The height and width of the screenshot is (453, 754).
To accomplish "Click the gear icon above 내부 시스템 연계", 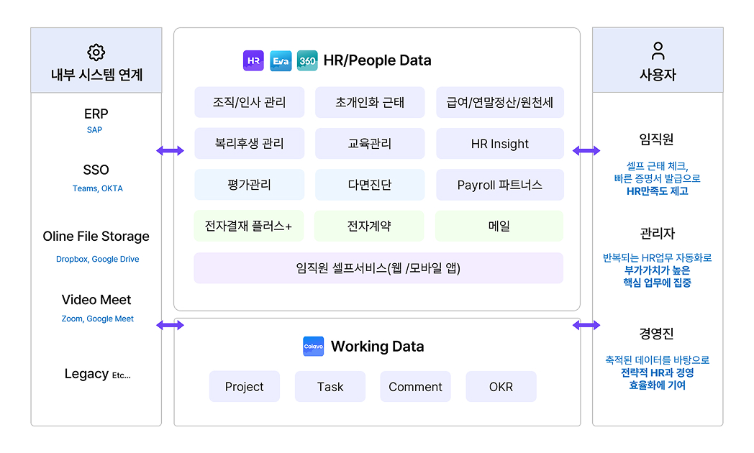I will tap(96, 52).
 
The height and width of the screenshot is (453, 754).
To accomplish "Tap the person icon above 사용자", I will tap(658, 50).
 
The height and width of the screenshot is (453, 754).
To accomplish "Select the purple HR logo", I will tap(253, 60).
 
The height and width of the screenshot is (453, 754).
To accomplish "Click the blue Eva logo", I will tap(281, 60).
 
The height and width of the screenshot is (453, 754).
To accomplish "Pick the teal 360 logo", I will tap(307, 60).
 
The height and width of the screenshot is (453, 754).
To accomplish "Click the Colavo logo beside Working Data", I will tap(314, 347).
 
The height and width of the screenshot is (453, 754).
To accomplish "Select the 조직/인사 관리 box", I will tap(249, 102).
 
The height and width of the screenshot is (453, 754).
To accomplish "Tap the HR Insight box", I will tap(499, 144).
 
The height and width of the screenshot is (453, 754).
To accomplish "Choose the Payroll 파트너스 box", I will tap(499, 185).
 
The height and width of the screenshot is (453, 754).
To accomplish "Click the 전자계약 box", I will tap(369, 226).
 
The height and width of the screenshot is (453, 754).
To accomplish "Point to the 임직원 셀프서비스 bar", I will tap(378, 268).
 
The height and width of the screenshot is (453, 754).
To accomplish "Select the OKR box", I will tap(501, 387).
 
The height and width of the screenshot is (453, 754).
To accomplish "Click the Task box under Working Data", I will tap(330, 387).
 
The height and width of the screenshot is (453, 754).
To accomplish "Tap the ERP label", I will tap(96, 114).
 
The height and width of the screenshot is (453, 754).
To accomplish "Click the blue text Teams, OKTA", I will tap(98, 188).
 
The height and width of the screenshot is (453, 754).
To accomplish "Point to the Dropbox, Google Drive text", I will tap(98, 259).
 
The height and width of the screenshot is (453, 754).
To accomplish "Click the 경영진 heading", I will tap(657, 334).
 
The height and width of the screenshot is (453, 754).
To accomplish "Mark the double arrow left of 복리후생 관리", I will tap(171, 150).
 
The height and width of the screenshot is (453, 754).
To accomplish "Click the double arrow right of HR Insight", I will tap(586, 150).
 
